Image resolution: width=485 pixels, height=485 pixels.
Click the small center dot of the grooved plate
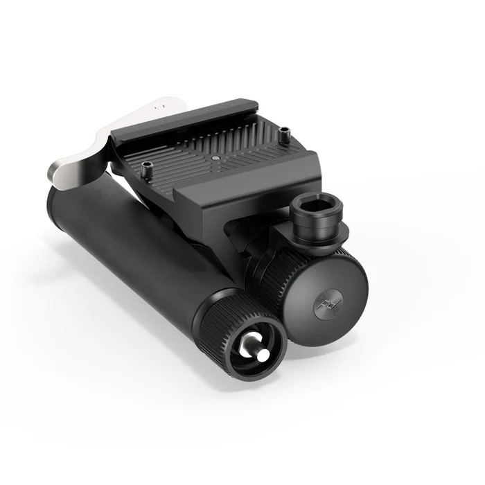(x=215, y=158)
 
